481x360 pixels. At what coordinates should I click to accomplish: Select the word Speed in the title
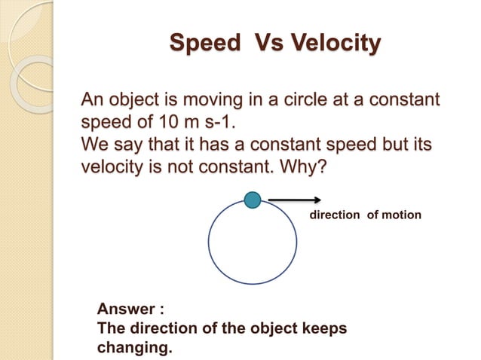[x=201, y=43]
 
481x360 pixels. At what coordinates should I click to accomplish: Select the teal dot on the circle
[x=253, y=200]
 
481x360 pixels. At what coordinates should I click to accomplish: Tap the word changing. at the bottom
[x=135, y=349]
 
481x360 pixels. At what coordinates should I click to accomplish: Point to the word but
[x=387, y=144]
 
